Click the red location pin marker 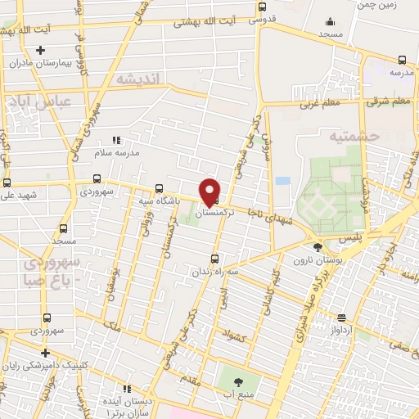pyautogui.click(x=210, y=191)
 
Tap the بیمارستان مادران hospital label pyautogui.click(x=32, y=63)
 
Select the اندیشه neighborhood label pyautogui.click(x=141, y=79)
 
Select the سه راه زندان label pyautogui.click(x=215, y=270)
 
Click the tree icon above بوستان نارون pyautogui.click(x=318, y=247)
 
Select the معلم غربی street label pyautogui.click(x=319, y=104)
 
